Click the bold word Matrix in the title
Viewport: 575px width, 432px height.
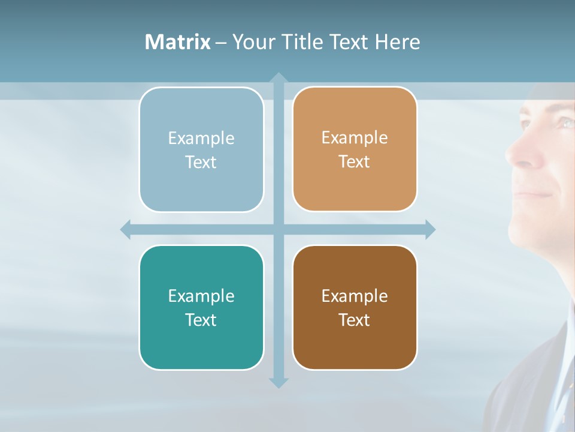(178, 42)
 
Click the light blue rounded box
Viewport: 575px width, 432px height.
(201, 149)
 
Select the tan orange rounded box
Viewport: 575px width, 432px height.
(355, 149)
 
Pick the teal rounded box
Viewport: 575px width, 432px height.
(201, 307)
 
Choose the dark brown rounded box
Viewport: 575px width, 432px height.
(355, 307)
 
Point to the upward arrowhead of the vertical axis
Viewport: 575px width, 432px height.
(279, 78)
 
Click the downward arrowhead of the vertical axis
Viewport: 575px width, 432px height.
(279, 382)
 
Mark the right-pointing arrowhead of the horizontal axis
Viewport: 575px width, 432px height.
(430, 229)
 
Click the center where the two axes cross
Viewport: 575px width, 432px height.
(279, 229)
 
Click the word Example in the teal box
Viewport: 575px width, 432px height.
(201, 296)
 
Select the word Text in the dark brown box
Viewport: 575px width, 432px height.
(355, 320)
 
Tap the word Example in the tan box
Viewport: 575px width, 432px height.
(355, 137)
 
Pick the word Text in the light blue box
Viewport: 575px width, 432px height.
(201, 162)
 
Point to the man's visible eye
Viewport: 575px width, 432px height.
(565, 123)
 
